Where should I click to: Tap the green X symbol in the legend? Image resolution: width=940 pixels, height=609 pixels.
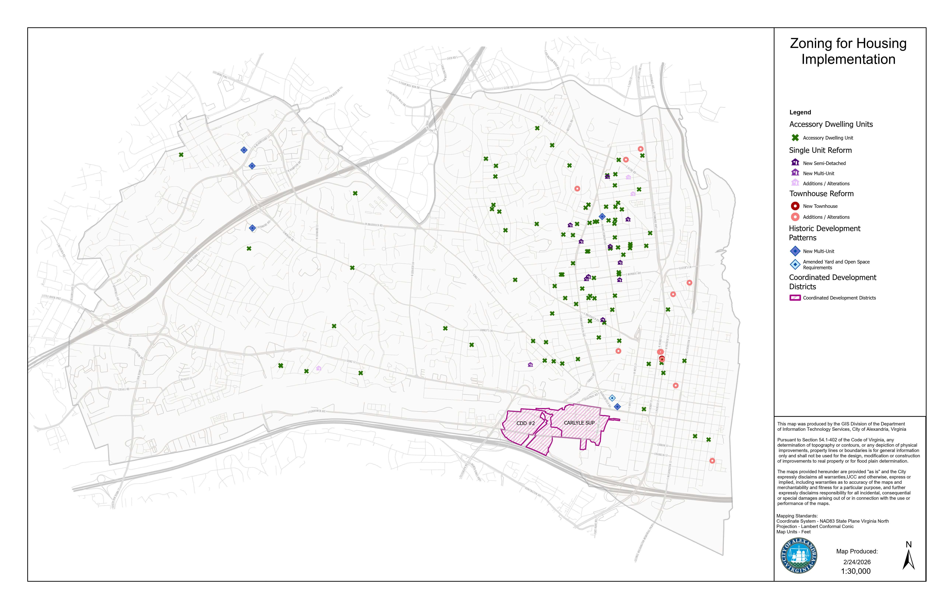click(x=795, y=138)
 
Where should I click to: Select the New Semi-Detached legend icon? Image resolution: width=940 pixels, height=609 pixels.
click(x=795, y=163)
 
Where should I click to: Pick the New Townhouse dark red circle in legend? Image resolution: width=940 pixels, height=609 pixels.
click(x=795, y=206)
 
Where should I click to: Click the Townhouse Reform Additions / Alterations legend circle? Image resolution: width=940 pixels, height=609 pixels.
click(x=795, y=217)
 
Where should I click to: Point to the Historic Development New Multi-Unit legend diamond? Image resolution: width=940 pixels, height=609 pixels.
click(x=795, y=251)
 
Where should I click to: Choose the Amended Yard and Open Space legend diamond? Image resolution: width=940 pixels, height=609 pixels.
click(x=795, y=264)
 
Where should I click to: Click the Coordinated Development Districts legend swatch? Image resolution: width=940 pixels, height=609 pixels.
click(x=795, y=298)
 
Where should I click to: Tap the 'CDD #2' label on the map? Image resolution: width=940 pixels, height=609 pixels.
click(x=526, y=423)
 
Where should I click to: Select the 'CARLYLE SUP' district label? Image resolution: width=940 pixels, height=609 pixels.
click(x=579, y=423)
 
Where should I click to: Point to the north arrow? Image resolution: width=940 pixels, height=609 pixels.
click(x=908, y=558)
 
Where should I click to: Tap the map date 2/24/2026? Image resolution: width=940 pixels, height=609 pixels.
click(x=857, y=562)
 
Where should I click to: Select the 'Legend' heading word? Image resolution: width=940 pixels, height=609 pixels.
click(x=800, y=112)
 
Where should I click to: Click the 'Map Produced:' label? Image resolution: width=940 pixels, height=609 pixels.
click(x=857, y=551)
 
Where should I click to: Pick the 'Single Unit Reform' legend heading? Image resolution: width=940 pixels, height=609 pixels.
click(x=820, y=150)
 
